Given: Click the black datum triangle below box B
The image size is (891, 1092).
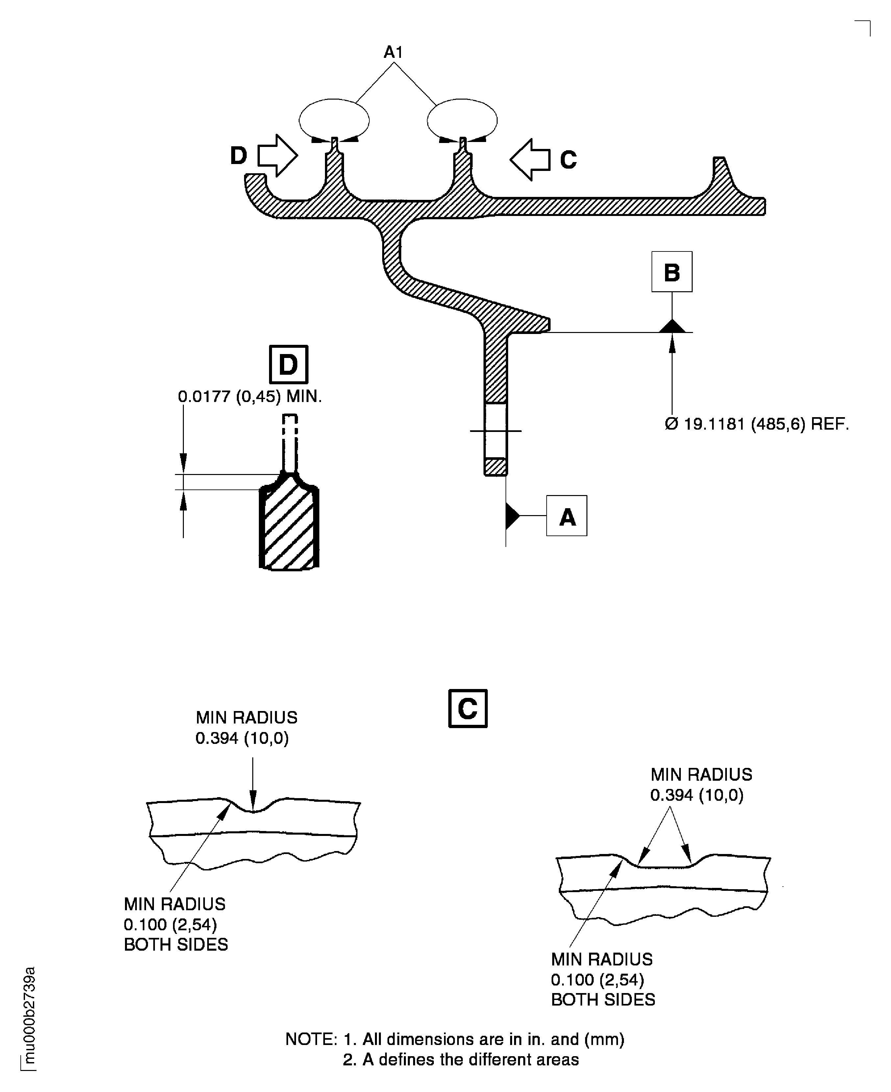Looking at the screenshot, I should [x=672, y=326].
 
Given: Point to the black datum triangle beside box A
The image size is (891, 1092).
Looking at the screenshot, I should [x=511, y=516].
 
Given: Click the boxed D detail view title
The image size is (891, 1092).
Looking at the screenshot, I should [x=288, y=365].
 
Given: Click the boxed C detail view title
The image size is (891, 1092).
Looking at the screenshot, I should [x=468, y=709].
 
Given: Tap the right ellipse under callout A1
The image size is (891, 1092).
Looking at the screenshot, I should [x=462, y=120].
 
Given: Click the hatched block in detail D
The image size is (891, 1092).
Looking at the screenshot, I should [x=289, y=528].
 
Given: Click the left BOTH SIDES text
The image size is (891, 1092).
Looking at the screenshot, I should [x=176, y=945].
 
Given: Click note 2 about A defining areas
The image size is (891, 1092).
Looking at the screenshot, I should [x=460, y=1060].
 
